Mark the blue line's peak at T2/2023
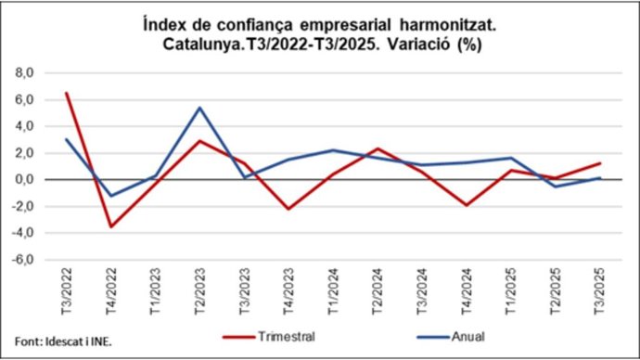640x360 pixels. (x=199, y=107)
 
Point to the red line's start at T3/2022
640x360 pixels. (x=66, y=93)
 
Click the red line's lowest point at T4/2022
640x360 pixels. (x=110, y=226)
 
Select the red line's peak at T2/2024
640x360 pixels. (x=378, y=148)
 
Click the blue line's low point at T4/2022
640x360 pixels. (x=110, y=196)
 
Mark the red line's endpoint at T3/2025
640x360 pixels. (x=600, y=163)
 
